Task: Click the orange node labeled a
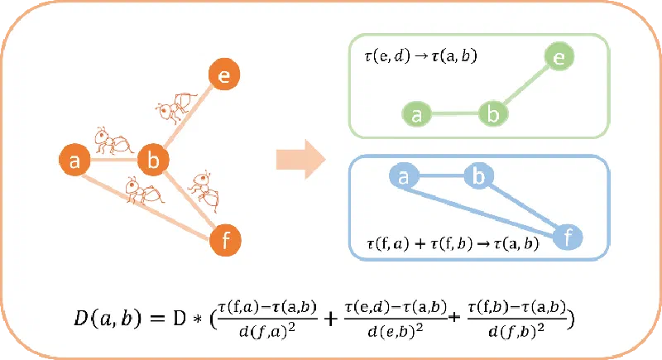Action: (75, 160)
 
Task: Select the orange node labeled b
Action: (152, 159)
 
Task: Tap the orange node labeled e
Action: (223, 75)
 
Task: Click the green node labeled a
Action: (418, 115)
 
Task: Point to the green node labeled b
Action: (493, 115)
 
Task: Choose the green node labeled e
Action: (559, 58)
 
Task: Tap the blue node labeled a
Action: (403, 176)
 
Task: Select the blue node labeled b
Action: (477, 176)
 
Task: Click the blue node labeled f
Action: (568, 238)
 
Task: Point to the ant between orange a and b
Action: (112, 142)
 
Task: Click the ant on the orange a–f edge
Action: (143, 193)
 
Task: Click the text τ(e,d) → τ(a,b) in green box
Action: (414, 60)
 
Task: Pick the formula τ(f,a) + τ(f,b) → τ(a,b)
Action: (452, 244)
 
